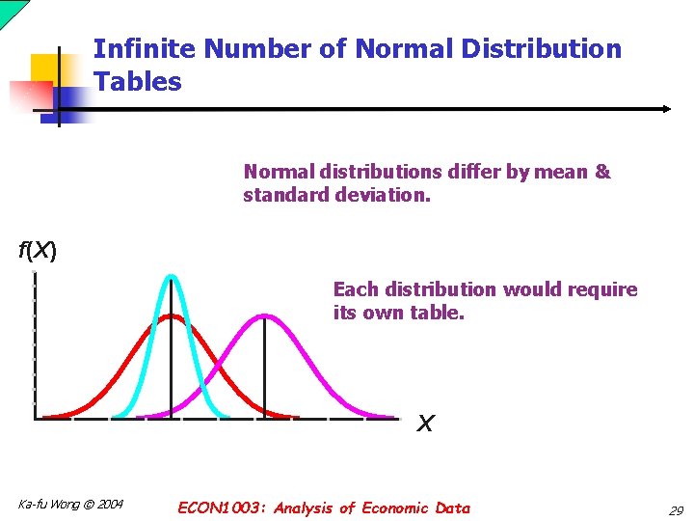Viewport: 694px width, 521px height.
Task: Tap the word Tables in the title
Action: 138,82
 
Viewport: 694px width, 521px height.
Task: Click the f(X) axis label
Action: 38,252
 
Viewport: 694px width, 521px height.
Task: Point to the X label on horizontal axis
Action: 425,424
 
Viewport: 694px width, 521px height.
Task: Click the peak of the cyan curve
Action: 172,277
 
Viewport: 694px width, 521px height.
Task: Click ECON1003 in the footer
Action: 223,507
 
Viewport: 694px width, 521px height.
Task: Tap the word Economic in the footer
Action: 396,507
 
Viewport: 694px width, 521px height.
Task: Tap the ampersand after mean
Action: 603,173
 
